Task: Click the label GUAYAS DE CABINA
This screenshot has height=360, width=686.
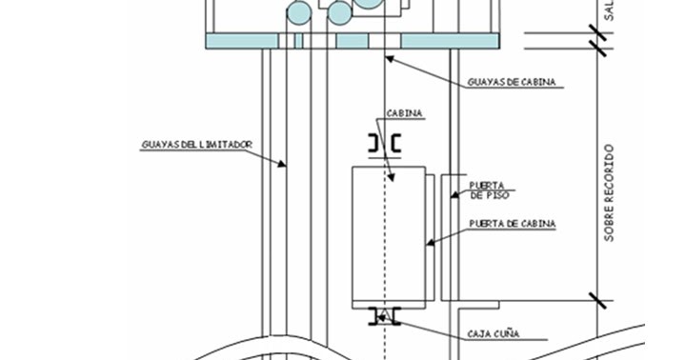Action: pos(512,82)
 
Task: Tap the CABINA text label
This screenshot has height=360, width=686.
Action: pos(405,113)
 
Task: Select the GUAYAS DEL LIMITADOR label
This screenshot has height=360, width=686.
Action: pos(196,144)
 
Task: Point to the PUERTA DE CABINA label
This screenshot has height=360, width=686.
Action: pos(513,224)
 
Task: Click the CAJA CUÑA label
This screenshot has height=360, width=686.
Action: pos(493,334)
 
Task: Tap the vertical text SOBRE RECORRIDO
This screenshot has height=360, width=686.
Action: pos(609,192)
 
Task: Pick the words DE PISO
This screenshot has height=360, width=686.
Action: pos(489,194)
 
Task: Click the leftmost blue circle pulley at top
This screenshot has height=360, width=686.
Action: pos(299,12)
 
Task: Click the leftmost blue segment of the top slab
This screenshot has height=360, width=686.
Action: pos(243,41)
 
